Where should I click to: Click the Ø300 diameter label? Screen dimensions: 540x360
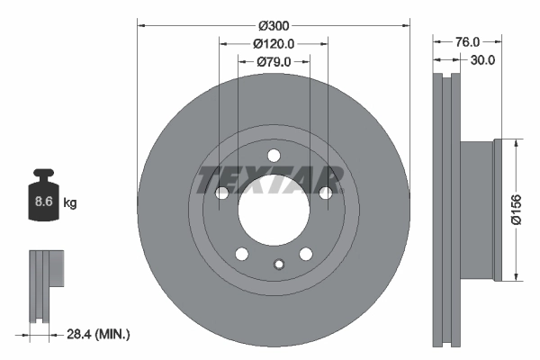[274, 26]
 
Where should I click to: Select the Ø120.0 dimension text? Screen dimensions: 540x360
[274, 44]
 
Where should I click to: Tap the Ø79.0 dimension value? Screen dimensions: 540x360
[274, 62]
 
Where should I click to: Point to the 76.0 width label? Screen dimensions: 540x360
[467, 42]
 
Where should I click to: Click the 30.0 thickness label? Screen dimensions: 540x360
[482, 60]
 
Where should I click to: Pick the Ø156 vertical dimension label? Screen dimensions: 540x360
[517, 210]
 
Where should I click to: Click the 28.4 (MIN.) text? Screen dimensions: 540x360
[98, 334]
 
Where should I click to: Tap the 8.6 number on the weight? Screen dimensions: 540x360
[44, 202]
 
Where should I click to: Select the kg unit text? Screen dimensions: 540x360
[70, 202]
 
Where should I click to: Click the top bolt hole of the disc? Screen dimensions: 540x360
[274, 156]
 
